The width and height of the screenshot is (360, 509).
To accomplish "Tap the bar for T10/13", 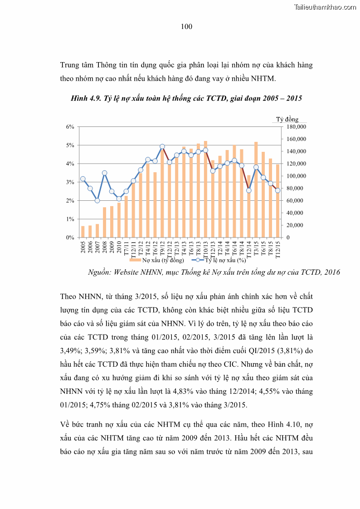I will (x=205, y=189).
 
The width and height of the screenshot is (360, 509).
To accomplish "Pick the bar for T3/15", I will (x=256, y=190).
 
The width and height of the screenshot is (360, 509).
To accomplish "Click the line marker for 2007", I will (x=97, y=200).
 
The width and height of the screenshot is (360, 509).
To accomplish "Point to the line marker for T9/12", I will (x=162, y=146).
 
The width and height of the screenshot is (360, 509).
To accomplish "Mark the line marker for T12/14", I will (x=249, y=190).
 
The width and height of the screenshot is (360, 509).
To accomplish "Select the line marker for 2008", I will (x=104, y=173).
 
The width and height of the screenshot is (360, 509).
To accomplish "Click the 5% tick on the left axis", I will (x=70, y=145).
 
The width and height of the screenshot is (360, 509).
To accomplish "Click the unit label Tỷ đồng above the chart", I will (x=287, y=119).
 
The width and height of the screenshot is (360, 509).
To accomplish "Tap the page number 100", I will (x=186, y=27).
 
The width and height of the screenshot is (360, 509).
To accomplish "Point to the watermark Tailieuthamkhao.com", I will (x=325, y=7).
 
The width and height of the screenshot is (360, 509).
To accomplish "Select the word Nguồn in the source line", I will (x=99, y=272).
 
